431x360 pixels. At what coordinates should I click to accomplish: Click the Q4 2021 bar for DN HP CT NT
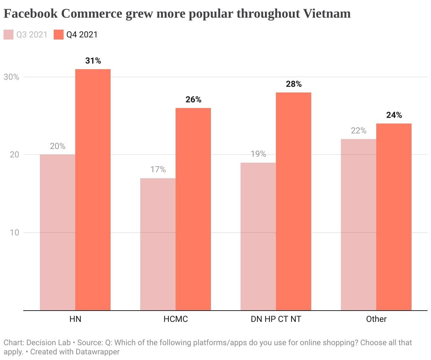pyautogui.click(x=294, y=201)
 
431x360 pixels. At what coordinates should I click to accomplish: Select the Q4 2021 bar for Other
pyautogui.click(x=394, y=217)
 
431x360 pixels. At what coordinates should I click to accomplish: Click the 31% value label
pyautogui.click(x=93, y=61)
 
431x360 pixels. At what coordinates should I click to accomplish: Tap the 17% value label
pyautogui.click(x=158, y=169)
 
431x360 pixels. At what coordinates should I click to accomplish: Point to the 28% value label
pyautogui.click(x=294, y=84)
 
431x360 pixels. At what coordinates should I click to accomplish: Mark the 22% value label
pyautogui.click(x=359, y=131)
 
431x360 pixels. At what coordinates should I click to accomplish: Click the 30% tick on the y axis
pyautogui.click(x=11, y=77)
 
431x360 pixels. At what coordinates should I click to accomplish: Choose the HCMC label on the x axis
pyautogui.click(x=176, y=319)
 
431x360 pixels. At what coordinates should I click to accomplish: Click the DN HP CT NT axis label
pyautogui.click(x=276, y=319)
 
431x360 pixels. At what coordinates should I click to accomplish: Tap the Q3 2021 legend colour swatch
pyautogui.click(x=8, y=35)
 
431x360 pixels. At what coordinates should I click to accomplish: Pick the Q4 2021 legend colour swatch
pyautogui.click(x=59, y=35)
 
